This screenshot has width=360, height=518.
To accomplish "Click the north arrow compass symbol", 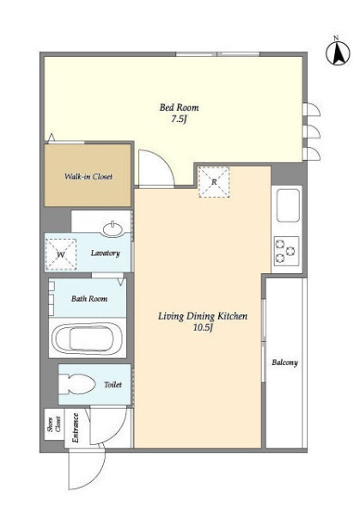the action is [338, 52].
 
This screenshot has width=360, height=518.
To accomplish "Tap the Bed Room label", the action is [179, 107].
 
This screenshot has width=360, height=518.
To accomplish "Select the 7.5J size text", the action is [179, 119].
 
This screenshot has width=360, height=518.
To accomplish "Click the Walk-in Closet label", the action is [88, 176].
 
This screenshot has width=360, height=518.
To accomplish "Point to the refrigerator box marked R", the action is [214, 182].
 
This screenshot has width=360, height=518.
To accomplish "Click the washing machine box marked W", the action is [61, 254].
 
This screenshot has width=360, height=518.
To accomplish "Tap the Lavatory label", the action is [105, 253].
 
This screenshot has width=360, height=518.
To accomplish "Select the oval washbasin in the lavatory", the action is [113, 229].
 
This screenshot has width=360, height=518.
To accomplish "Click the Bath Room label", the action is [89, 299].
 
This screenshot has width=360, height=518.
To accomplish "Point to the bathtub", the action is [88, 338].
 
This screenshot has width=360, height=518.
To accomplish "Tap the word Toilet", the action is [113, 385].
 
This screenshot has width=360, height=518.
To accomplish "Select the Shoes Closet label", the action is [54, 424].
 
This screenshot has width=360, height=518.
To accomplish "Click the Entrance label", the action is [76, 428].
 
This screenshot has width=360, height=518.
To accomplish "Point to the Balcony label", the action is [284, 363].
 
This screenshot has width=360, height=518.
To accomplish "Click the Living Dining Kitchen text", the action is [203, 316].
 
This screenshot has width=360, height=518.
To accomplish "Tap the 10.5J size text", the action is [202, 327].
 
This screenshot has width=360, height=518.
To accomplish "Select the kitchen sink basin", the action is [289, 205].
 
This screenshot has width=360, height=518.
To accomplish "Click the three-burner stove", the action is [286, 251].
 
